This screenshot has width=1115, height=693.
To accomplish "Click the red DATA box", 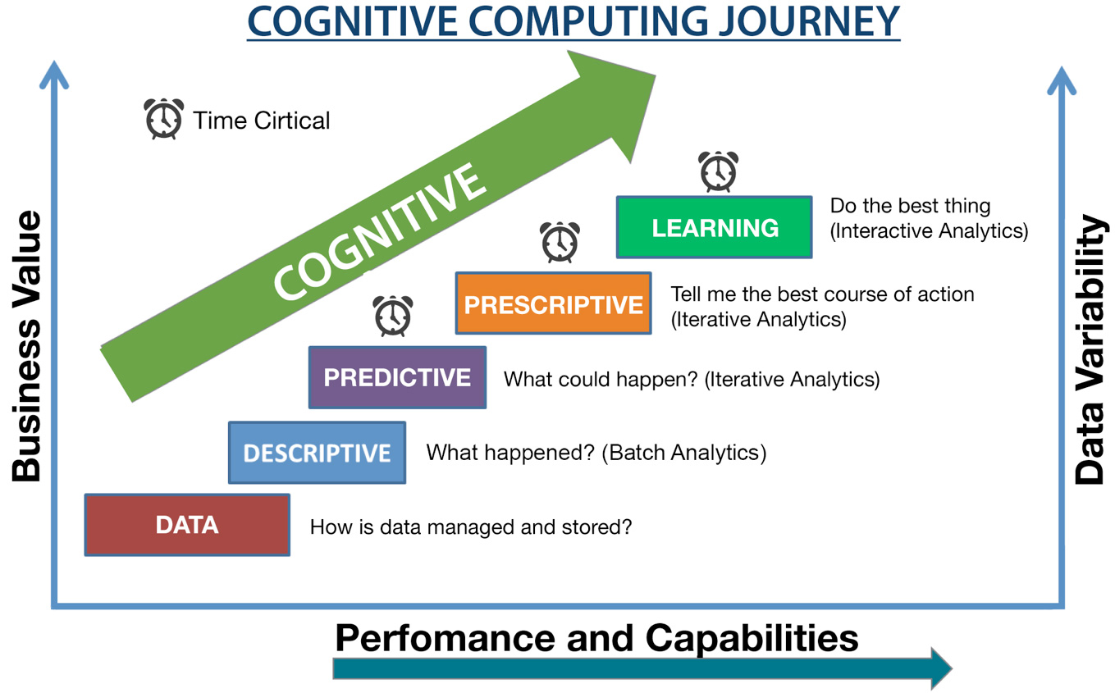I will click(x=187, y=525).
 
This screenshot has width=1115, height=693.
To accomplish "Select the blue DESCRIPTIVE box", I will click(x=317, y=453).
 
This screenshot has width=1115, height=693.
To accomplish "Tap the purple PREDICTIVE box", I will click(x=397, y=377).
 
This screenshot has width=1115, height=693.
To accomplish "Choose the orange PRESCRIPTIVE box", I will click(x=553, y=304).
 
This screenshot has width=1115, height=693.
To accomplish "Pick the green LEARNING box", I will click(x=715, y=227).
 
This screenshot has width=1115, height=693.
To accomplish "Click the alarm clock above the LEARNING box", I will click(x=718, y=172).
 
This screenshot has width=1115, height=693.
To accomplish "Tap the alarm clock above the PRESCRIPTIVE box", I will click(x=560, y=242).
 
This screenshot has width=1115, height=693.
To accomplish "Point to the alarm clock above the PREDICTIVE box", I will click(x=393, y=316).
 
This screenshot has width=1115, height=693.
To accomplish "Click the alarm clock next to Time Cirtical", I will click(x=164, y=119).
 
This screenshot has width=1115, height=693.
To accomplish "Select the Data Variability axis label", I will click(x=1090, y=349).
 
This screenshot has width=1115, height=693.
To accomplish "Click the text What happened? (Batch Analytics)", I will click(x=596, y=453).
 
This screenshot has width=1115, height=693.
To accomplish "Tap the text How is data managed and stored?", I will click(x=471, y=527).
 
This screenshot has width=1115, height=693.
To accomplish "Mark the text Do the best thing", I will click(x=910, y=206).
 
